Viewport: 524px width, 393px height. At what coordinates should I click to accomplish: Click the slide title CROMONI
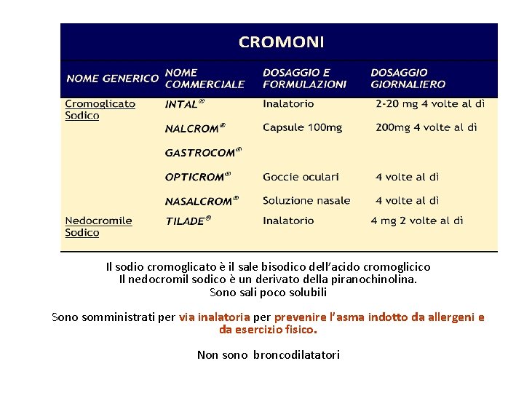281,42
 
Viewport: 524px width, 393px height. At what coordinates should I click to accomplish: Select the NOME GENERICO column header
112,78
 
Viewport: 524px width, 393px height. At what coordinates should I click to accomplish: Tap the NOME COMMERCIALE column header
205,78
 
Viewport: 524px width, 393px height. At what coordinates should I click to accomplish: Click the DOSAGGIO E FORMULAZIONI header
304,78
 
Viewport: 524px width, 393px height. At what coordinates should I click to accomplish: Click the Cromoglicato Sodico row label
100,109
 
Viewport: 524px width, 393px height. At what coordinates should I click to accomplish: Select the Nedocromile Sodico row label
98,226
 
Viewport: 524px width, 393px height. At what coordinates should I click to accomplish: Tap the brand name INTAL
184,104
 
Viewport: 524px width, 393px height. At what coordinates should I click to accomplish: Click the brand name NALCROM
194,128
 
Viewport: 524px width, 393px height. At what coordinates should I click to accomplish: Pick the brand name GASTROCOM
202,153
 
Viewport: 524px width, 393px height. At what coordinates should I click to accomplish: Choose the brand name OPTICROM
197,177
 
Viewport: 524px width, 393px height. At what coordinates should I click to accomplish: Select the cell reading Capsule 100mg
302,127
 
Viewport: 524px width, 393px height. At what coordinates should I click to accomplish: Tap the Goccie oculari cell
301,177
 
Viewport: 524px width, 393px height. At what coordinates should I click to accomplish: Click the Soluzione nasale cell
306,200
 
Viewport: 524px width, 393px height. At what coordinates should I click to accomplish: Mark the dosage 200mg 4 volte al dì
426,127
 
